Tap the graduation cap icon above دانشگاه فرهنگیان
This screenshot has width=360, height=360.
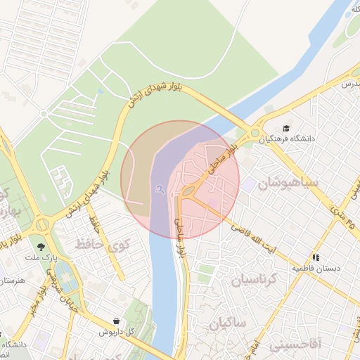point(286,128)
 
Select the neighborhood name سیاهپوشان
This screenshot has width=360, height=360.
point(288,184)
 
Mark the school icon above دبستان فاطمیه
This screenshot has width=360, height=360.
point(316,257)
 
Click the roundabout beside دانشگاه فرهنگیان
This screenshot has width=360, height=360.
point(255,133)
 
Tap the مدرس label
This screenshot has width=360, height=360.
point(350,84)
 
